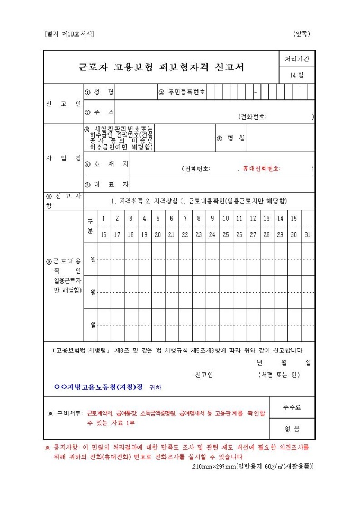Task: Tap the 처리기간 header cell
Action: pyautogui.click(x=297, y=59)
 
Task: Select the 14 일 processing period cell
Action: pyautogui.click(x=297, y=75)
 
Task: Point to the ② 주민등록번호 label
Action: pyautogui.click(x=182, y=92)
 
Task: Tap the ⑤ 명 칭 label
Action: pyautogui.click(x=231, y=138)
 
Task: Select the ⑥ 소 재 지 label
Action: pyautogui.click(x=106, y=164)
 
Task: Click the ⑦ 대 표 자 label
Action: pyautogui.click(x=106, y=184)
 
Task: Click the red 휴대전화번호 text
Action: pyautogui.click(x=261, y=168)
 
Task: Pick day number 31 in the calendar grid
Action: pyautogui.click(x=308, y=234)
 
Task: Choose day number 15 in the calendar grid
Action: pyautogui.click(x=294, y=219)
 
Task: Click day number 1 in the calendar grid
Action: pyautogui.click(x=103, y=219)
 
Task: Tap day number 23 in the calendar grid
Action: pyautogui.click(x=199, y=234)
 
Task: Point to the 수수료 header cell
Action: pyautogui.click(x=292, y=407)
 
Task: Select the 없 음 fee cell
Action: pyautogui.click(x=292, y=429)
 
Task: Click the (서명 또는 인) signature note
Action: pyautogui.click(x=279, y=375)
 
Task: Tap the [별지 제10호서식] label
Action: pyautogui.click(x=69, y=34)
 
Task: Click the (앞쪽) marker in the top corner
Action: pyautogui.click(x=302, y=34)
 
